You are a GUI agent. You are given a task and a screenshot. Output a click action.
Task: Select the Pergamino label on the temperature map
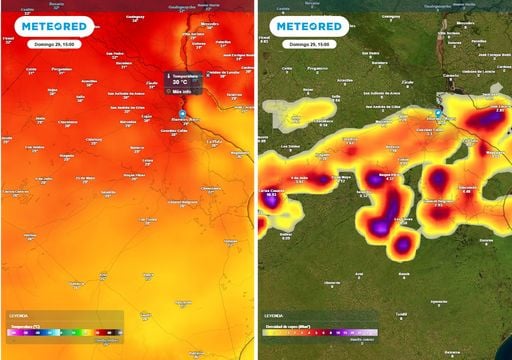(x=62, y=70)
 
